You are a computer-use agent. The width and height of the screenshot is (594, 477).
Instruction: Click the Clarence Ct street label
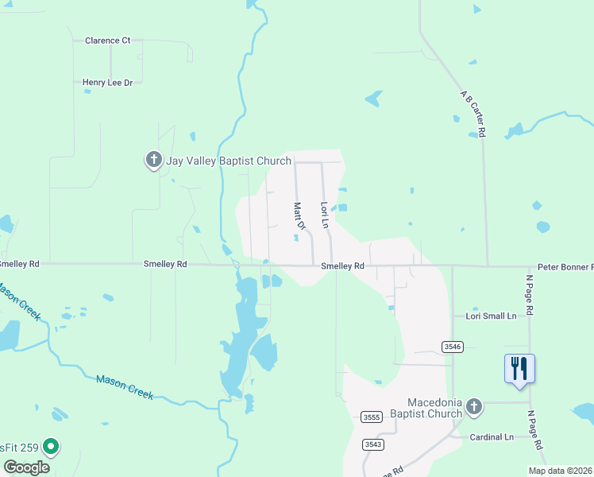point(107,41)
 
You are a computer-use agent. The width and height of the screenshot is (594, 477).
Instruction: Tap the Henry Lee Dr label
point(112,82)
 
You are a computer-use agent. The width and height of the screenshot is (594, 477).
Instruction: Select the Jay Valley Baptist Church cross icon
point(153,160)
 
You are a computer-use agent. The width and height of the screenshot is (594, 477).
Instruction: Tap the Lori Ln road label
point(324,214)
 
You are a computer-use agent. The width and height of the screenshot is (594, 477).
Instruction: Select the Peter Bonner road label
point(565,267)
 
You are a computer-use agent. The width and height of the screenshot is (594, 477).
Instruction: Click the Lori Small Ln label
point(491,316)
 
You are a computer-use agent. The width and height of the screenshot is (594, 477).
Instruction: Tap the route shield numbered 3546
point(452,347)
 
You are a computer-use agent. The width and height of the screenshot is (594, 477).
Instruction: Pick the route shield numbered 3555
point(370,417)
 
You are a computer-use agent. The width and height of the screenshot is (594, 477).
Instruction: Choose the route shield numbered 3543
point(372,444)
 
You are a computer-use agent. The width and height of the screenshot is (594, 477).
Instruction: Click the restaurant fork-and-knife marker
point(519,369)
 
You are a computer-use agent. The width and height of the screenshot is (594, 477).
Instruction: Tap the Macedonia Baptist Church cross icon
point(473,408)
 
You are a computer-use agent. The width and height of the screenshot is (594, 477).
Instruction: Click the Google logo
point(26,467)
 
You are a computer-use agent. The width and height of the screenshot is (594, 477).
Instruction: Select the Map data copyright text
point(559,471)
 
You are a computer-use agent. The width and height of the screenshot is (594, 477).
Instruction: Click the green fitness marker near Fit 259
point(51,448)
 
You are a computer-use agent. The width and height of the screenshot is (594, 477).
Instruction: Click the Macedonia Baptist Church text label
point(434,408)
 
